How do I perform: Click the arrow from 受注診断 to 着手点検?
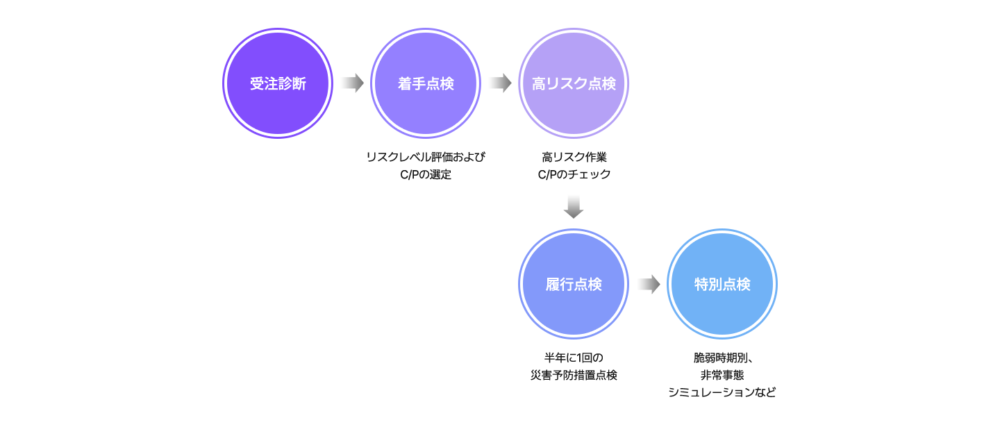click(x=352, y=83)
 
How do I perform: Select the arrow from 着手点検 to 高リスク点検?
click(x=500, y=83)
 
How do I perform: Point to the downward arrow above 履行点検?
click(x=574, y=208)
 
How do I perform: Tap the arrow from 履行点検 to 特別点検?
click(x=648, y=285)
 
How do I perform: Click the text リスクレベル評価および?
click(x=426, y=157)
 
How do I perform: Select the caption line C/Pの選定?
click(x=426, y=175)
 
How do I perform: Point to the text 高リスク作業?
click(x=574, y=157)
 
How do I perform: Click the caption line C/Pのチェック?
click(x=574, y=175)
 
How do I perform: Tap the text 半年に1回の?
click(x=574, y=358)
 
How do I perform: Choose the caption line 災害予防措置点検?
click(x=574, y=376)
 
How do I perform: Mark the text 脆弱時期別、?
click(x=722, y=358)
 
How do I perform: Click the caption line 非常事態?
click(x=722, y=376)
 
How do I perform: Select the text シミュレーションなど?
click(x=722, y=393)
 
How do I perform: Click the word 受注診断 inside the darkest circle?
click(x=278, y=84)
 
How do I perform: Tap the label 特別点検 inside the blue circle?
click(x=722, y=285)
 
